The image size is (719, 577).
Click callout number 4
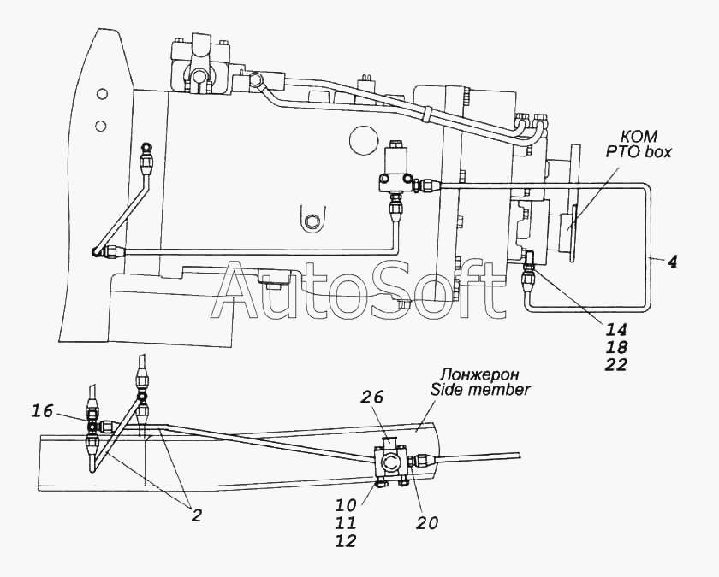pyautogui.click(x=673, y=262)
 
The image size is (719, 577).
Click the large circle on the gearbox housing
pyautogui.click(x=364, y=138)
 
